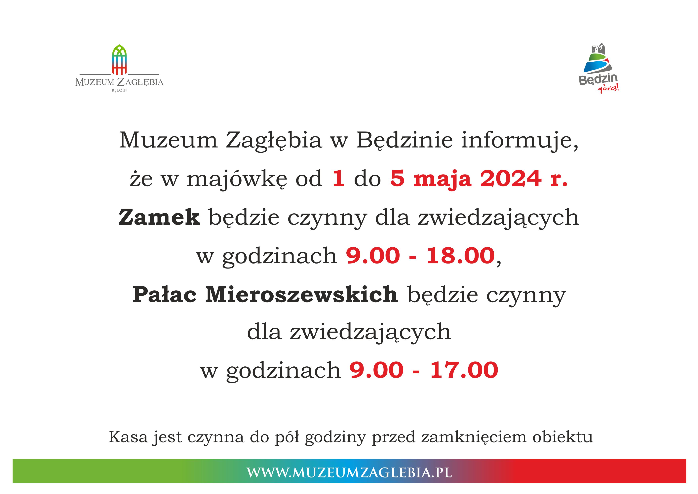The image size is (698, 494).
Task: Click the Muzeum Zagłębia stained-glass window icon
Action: coord(119,60)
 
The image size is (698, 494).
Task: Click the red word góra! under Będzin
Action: coord(608,89)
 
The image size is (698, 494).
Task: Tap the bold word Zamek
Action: coord(159,217)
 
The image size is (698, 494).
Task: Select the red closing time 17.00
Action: coord(464,370)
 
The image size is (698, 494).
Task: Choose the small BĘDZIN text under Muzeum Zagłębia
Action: coord(119,90)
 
